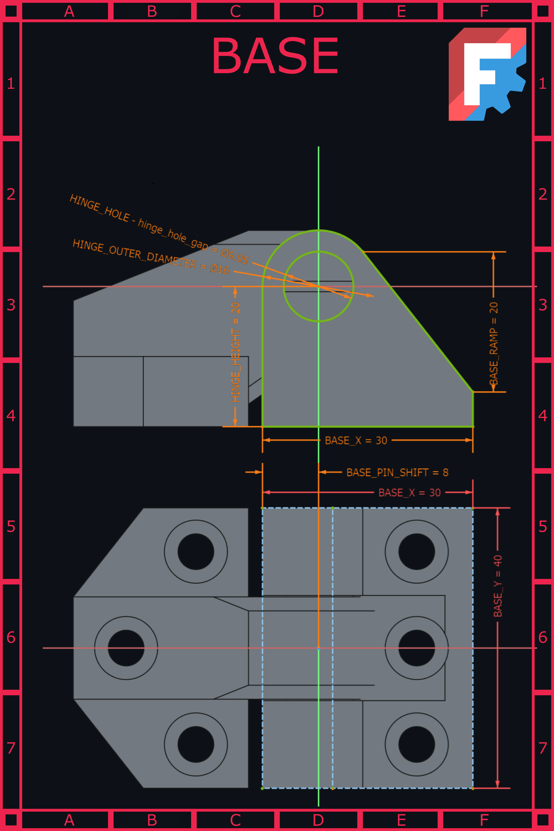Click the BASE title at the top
[275, 56]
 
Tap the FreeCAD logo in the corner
[487, 74]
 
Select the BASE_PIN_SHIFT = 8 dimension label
[397, 472]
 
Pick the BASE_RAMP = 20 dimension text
[494, 343]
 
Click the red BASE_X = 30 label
[409, 492]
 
